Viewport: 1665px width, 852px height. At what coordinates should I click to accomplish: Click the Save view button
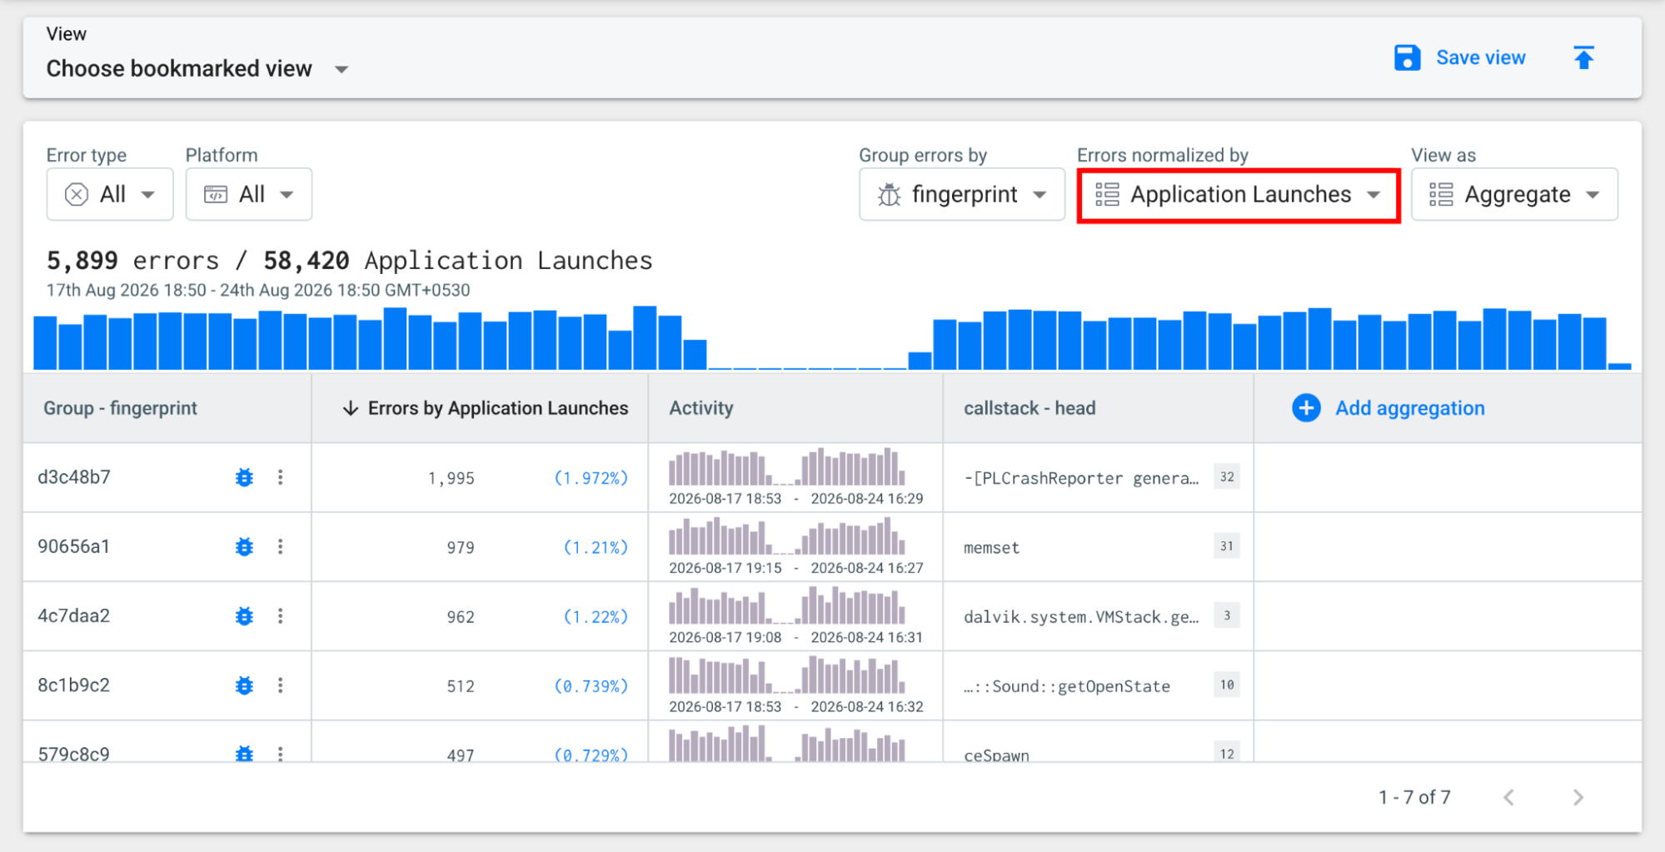tap(1459, 57)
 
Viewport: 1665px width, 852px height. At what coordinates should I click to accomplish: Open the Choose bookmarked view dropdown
tap(197, 68)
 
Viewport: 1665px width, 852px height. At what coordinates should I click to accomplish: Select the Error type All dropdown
tap(110, 194)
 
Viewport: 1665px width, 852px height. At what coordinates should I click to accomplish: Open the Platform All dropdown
tap(249, 194)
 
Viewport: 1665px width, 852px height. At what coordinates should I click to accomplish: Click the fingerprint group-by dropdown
tap(962, 194)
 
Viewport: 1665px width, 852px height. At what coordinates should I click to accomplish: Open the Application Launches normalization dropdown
tap(1239, 195)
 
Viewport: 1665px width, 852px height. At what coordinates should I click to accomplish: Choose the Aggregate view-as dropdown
tap(1514, 194)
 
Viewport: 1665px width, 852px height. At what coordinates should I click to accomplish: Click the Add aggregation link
tap(1388, 408)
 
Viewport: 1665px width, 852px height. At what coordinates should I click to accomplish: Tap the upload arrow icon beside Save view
tap(1583, 57)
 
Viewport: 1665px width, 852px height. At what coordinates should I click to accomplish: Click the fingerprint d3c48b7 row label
tap(74, 477)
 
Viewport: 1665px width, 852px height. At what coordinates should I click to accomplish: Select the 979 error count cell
tap(460, 547)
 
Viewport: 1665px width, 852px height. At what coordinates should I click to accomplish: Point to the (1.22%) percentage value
tap(596, 616)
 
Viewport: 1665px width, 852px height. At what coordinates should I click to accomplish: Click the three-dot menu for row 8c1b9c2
tap(281, 685)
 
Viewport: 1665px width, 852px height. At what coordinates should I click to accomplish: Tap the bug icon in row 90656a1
tap(244, 546)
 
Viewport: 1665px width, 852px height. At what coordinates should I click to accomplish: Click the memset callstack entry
tap(991, 547)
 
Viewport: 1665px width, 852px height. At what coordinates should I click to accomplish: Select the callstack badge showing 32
tap(1227, 476)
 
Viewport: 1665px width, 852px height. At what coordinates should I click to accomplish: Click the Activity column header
tap(701, 408)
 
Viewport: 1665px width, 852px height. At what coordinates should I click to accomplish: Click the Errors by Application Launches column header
tap(486, 408)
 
